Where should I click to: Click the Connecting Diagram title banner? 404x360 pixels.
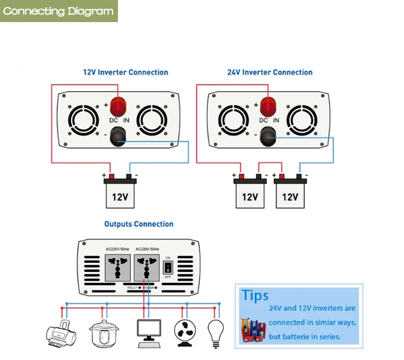58,11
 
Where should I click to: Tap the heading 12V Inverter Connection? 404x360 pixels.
125,72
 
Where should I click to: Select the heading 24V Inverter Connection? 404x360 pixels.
270,72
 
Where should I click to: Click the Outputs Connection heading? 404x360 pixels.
139,224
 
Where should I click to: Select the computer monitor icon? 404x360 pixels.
148,332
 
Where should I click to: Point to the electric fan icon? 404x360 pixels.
185,331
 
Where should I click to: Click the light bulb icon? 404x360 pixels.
215,331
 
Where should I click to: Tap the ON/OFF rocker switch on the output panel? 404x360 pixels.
168,267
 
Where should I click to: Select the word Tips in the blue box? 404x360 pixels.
255,295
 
